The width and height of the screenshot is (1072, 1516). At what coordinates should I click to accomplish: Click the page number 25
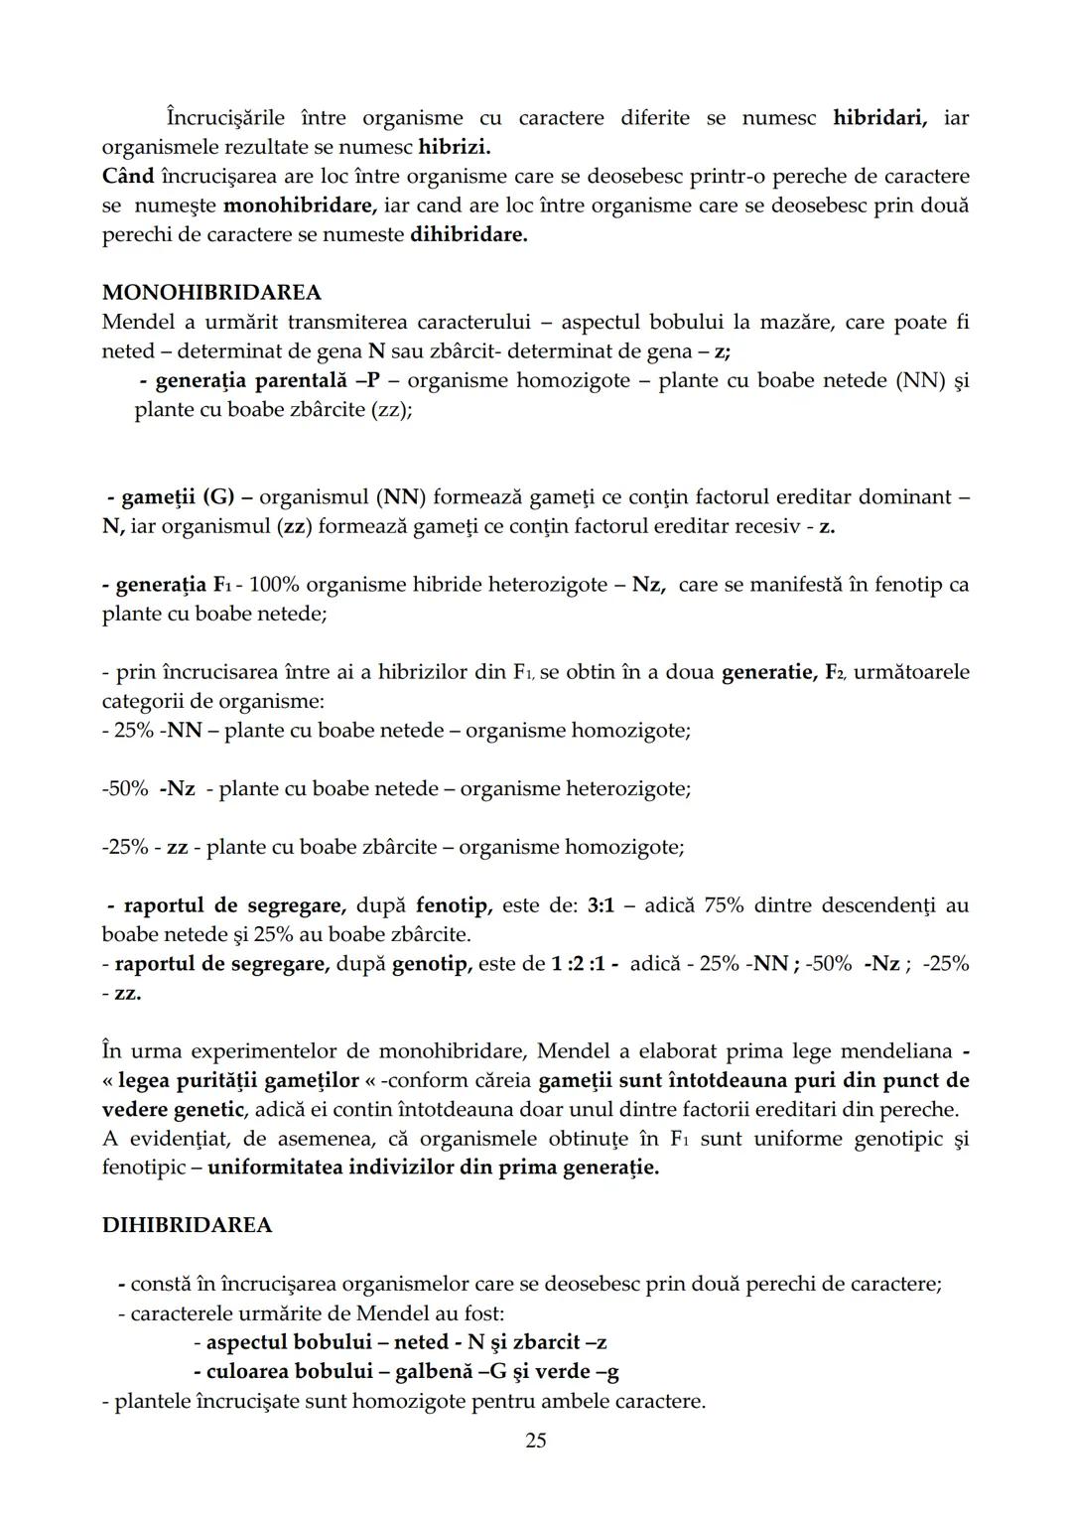point(535,1440)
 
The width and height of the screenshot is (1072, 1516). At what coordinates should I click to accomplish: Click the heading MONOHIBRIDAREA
point(211,293)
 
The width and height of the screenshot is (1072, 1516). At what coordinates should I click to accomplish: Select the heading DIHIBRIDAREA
point(187,1225)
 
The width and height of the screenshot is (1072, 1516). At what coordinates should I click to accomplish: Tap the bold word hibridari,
point(880,118)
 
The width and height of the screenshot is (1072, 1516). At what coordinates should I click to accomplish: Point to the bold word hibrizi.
point(455,148)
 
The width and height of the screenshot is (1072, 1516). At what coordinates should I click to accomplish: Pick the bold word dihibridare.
point(469,236)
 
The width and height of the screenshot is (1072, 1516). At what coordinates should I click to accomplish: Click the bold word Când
point(128,177)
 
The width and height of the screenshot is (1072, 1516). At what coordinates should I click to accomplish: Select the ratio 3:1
point(602,905)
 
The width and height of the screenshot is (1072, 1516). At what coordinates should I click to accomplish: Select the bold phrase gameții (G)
point(178,496)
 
